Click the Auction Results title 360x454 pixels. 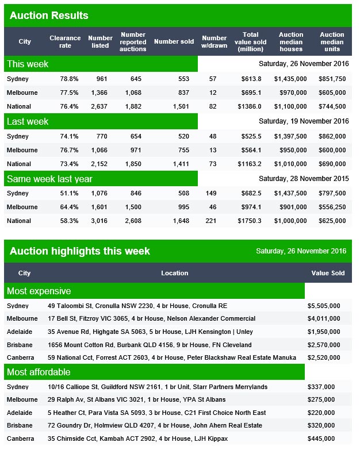49,16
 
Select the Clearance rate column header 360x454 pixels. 65,42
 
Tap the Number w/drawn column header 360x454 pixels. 214,42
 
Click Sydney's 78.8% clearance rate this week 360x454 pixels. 69,79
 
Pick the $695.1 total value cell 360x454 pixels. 251,93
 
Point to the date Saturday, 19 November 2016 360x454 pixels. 304,121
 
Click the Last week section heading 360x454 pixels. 28,121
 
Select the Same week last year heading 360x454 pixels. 49,179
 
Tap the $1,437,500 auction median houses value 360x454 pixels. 290,193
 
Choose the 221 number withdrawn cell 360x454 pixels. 210,221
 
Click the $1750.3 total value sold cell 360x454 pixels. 249,221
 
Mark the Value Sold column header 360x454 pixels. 328,273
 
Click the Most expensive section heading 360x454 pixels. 39,291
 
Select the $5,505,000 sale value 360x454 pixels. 324,306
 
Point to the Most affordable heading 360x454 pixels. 39,372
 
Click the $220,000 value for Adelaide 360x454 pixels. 321,413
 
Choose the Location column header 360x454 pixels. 174,273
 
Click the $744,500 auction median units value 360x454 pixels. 332,106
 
